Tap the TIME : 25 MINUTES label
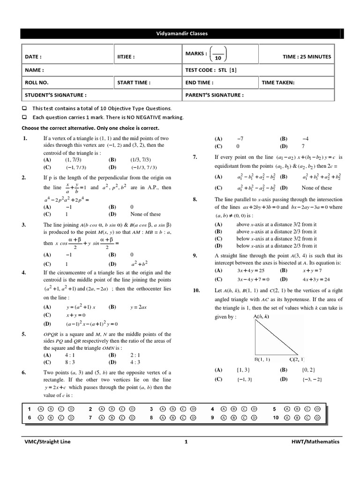tap(307, 57)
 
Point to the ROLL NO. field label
tap(37, 82)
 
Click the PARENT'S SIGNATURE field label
tap(214, 95)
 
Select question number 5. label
tap(24, 334)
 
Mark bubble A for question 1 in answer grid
tap(41, 408)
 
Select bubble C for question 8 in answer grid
tap(183, 417)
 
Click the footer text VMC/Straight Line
tap(47, 442)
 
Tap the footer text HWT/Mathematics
tap(315, 442)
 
